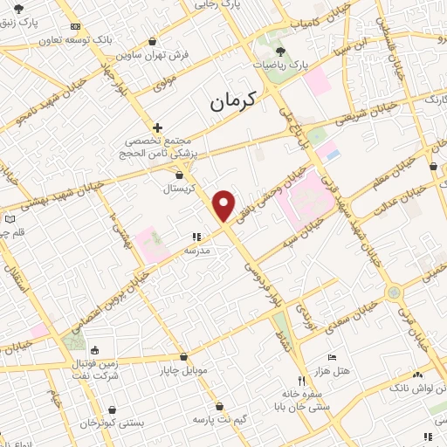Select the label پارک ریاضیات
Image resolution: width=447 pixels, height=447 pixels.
pos(282,65)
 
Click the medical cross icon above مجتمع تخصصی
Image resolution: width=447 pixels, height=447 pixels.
pos(157,127)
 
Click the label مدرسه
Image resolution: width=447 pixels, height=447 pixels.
pos(196,250)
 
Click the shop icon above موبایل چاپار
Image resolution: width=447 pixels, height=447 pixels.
pos(182,356)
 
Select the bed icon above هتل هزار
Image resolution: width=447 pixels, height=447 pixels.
pos(332,358)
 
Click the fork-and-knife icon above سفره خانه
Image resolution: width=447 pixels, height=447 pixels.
pos(302,381)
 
